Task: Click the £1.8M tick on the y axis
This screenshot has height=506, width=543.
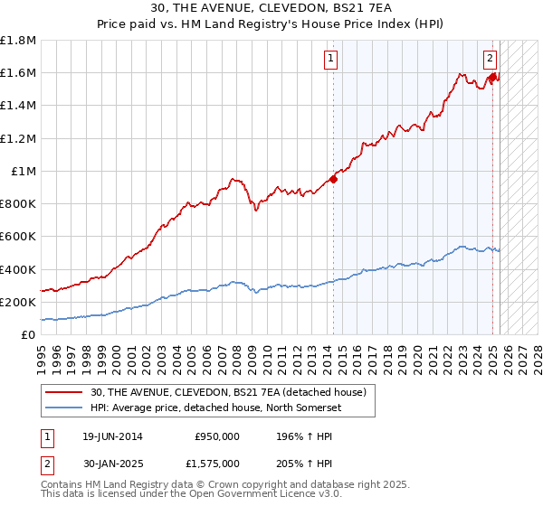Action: [x=18, y=41]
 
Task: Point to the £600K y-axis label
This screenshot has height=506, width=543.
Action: [x=18, y=237]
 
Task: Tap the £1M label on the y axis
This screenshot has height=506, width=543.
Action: [x=23, y=172]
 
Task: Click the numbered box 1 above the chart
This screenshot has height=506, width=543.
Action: [x=330, y=60]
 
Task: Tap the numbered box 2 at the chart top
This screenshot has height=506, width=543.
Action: [x=490, y=60]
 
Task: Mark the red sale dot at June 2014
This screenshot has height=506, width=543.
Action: [x=333, y=179]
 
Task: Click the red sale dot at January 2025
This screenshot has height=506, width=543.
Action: [x=492, y=78]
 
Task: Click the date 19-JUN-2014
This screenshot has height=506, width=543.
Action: [x=107, y=436]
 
